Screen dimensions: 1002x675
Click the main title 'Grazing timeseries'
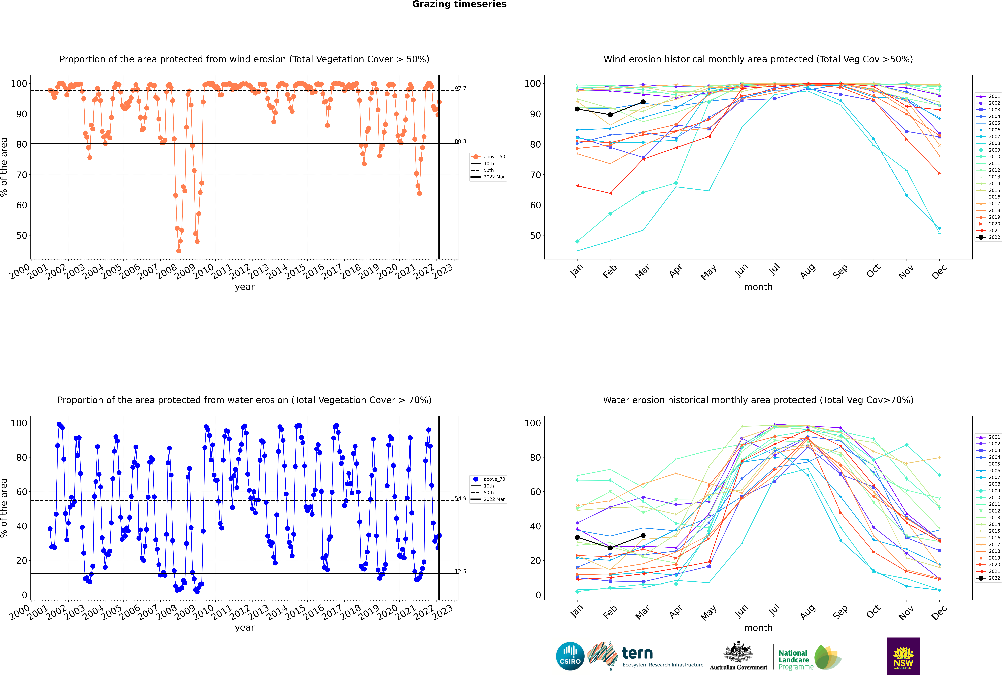[459, 4]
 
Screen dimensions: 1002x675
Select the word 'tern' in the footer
[637, 654]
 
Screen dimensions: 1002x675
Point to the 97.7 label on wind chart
[461, 89]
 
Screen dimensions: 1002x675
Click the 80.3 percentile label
[461, 141]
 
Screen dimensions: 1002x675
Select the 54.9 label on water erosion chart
[461, 499]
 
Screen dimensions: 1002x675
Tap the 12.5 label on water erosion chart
[461, 571]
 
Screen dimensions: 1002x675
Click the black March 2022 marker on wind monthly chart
[643, 102]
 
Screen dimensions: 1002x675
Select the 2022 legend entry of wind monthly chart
[988, 237]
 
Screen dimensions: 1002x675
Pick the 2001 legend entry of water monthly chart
[988, 437]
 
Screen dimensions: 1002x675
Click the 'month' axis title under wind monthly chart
[758, 287]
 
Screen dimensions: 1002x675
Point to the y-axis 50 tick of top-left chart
[21, 235]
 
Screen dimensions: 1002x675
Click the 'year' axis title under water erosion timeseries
[245, 628]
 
